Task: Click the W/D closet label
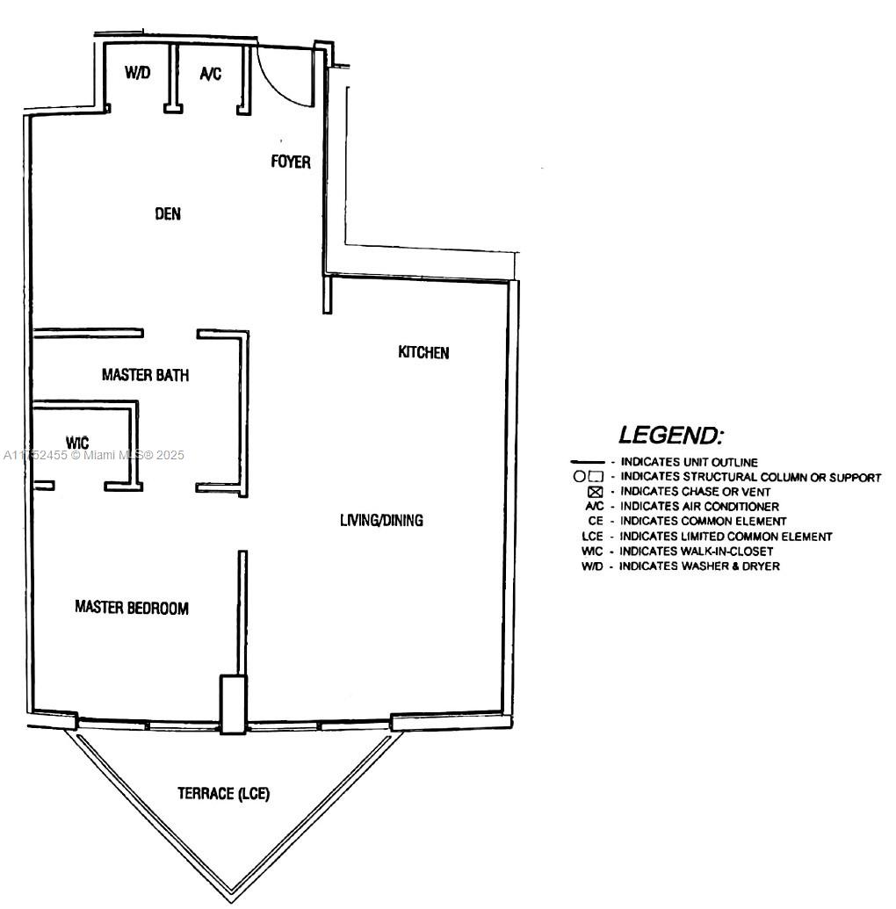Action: pyautogui.click(x=137, y=73)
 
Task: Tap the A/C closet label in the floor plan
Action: pyautogui.click(x=211, y=74)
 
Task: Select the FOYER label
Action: pyautogui.click(x=291, y=162)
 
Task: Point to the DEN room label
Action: pyautogui.click(x=168, y=214)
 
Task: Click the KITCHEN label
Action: pyautogui.click(x=423, y=352)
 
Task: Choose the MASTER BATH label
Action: pyautogui.click(x=146, y=375)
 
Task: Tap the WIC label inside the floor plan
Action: pyautogui.click(x=77, y=443)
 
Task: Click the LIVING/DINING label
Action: pyautogui.click(x=381, y=520)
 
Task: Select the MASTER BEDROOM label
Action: pyautogui.click(x=132, y=608)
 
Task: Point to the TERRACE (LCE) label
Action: pyautogui.click(x=223, y=793)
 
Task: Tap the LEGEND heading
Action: pyautogui.click(x=671, y=435)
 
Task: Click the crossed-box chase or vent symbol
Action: pyautogui.click(x=596, y=492)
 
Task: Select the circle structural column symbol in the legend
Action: pyautogui.click(x=579, y=477)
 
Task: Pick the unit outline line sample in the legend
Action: pyautogui.click(x=588, y=462)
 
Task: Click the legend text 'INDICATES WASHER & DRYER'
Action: pyautogui.click(x=699, y=566)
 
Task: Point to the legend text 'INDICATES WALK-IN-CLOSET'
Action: pyautogui.click(x=696, y=551)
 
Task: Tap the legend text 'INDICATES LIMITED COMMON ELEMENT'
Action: pyautogui.click(x=726, y=537)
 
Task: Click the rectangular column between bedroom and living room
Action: pyautogui.click(x=234, y=704)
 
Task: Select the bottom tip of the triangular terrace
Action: pyautogui.click(x=231, y=903)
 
